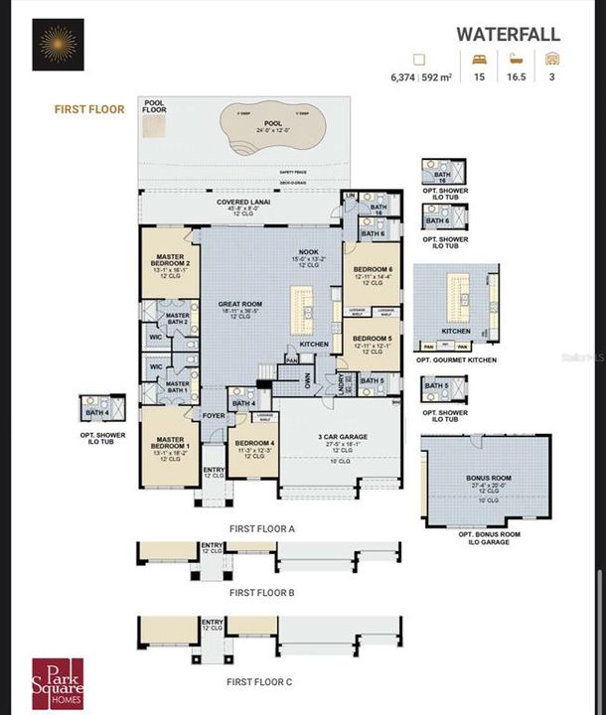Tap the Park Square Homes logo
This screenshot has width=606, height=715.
[x=58, y=682]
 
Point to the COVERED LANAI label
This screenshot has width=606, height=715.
[x=238, y=202]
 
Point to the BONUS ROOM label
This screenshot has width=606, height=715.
[x=488, y=478]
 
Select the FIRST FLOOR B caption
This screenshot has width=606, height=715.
[x=261, y=592]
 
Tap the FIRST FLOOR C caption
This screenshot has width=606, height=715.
[x=259, y=682]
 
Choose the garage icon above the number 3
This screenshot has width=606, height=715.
[x=551, y=59]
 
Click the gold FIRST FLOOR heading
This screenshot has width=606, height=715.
[x=89, y=109]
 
